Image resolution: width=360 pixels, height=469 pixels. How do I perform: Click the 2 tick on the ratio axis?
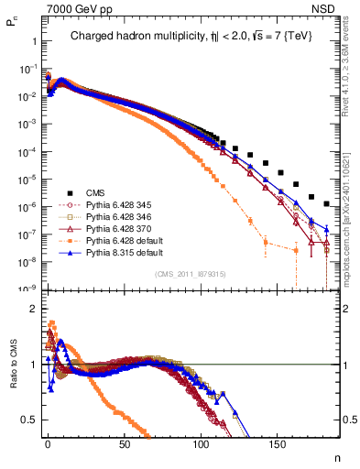32,309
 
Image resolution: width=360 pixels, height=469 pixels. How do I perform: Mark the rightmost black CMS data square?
327,203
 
